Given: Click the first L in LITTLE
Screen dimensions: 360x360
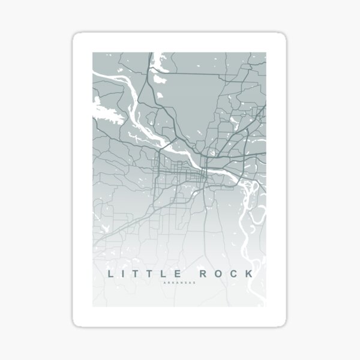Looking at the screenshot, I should (x=110, y=274).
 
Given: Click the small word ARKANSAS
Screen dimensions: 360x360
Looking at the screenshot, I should (x=179, y=284).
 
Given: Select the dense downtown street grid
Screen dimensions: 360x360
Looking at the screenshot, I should (x=180, y=174).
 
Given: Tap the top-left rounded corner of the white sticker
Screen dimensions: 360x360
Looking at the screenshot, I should (x=77, y=37).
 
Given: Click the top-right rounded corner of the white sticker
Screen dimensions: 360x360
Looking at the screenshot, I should (x=283, y=37).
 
